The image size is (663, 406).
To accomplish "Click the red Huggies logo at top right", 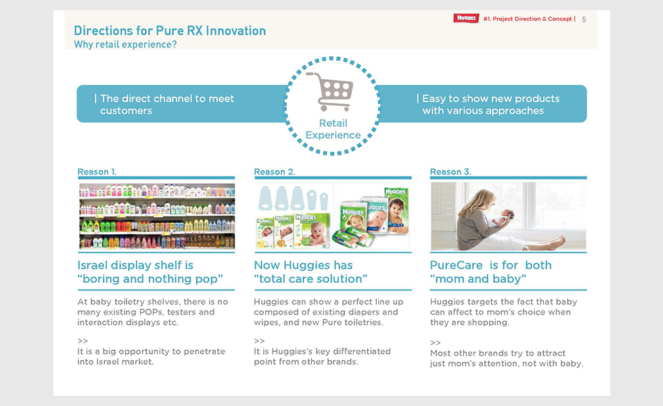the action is pyautogui.click(x=466, y=18).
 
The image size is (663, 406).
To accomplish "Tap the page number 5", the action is pyautogui.click(x=584, y=20).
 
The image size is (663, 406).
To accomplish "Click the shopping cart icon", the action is pyautogui.click(x=330, y=91).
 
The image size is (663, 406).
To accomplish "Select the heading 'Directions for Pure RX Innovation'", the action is pyautogui.click(x=170, y=31).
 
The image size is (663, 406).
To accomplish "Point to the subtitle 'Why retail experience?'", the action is pyautogui.click(x=125, y=45).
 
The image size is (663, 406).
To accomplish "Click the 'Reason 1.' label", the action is pyautogui.click(x=97, y=172).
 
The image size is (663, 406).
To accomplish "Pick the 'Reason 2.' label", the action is pyautogui.click(x=275, y=172).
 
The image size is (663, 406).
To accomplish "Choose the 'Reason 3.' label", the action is pyautogui.click(x=451, y=172).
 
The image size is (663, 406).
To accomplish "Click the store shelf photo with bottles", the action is pyautogui.click(x=157, y=216).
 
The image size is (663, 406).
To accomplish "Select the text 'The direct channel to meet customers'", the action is pyautogui.click(x=167, y=104).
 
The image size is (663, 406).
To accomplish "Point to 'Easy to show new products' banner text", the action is pyautogui.click(x=491, y=99).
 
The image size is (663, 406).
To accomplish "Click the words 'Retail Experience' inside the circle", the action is pyautogui.click(x=333, y=129).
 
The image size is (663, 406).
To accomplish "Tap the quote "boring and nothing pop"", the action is pyautogui.click(x=150, y=279).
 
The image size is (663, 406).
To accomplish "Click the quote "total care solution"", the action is pyautogui.click(x=311, y=279).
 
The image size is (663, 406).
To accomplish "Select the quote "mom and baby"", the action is pyautogui.click(x=478, y=279).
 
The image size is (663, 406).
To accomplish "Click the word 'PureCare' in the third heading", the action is pyautogui.click(x=456, y=265).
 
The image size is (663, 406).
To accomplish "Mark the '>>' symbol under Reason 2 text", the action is pyautogui.click(x=259, y=341).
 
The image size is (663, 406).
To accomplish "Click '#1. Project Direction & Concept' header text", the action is pyautogui.click(x=528, y=19).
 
